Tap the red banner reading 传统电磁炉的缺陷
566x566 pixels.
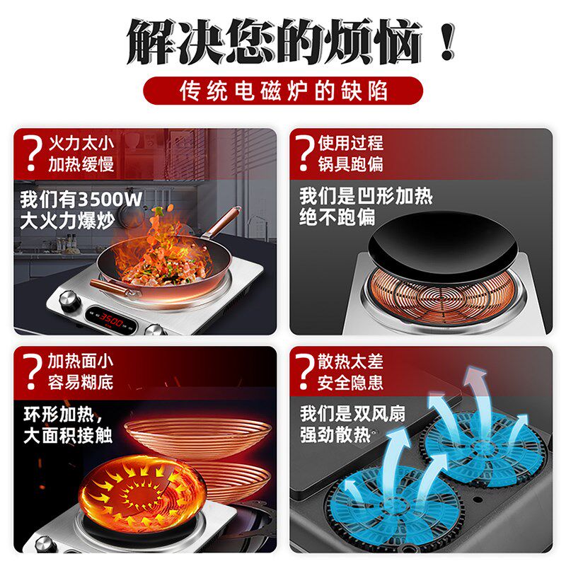pyautogui.click(x=283, y=91)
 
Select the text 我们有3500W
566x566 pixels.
pyautogui.click(x=81, y=198)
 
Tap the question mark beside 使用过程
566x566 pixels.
pyautogui.click(x=305, y=154)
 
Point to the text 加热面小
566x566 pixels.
pyautogui.click(x=81, y=362)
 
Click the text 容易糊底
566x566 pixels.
pyautogui.click(x=81, y=383)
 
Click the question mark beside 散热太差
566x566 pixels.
pyautogui.click(x=305, y=371)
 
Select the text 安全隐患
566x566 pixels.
pyautogui.click(x=350, y=383)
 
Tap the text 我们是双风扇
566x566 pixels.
pyautogui.click(x=352, y=413)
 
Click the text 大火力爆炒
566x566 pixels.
pyautogui.click(x=67, y=219)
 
